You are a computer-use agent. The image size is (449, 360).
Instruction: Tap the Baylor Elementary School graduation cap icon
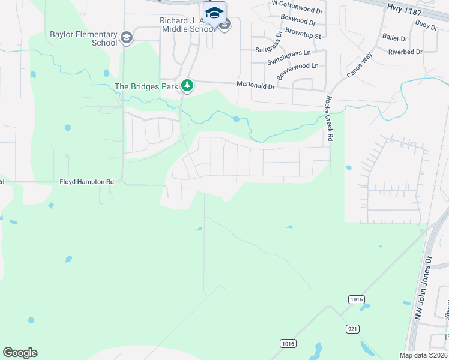(x=127, y=38)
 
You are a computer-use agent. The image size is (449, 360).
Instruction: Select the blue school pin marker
(x=214, y=13)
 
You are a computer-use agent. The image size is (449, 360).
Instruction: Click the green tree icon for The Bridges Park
(x=188, y=86)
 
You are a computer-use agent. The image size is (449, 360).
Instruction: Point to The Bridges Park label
(x=146, y=86)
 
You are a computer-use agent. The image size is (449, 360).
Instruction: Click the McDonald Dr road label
(x=255, y=86)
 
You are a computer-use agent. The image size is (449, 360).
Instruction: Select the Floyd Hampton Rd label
(x=86, y=181)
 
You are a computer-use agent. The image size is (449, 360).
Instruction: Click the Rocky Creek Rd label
(x=329, y=119)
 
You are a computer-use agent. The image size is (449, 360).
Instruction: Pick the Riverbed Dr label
(x=405, y=52)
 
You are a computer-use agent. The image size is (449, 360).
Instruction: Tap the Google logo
(x=20, y=353)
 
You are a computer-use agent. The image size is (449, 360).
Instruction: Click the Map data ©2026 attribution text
(x=424, y=355)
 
